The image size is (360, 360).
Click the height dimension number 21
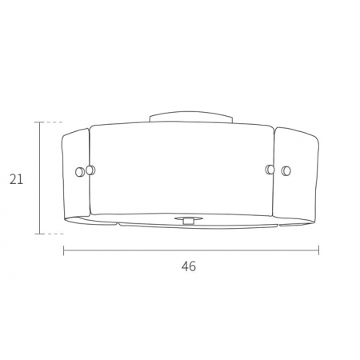pos(17,179)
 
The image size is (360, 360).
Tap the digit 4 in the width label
pos(185,266)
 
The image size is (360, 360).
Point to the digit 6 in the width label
pos(192,266)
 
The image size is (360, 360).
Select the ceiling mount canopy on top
pos(190,118)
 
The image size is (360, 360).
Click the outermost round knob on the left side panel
pos(80,172)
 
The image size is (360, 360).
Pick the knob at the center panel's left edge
pos(90,170)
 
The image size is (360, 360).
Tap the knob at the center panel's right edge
pos(270,170)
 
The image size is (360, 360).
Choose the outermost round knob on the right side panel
pos(286,170)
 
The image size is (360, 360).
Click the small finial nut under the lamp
pos(189,221)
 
